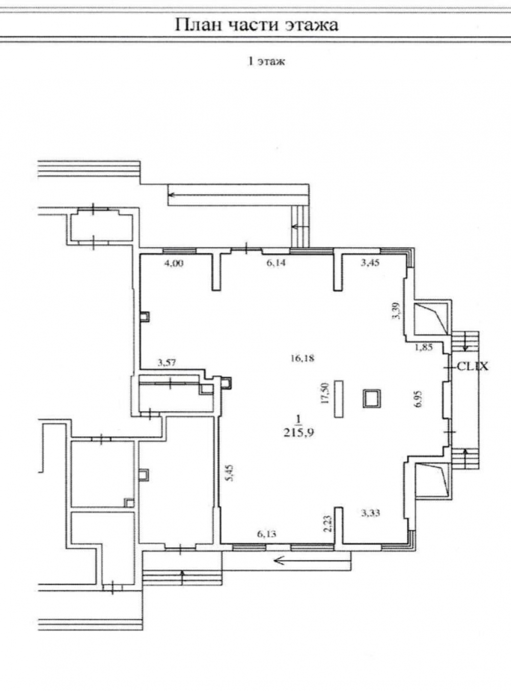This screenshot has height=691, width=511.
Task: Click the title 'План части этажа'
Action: [x=257, y=25]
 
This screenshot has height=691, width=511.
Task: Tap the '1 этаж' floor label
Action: [x=266, y=62]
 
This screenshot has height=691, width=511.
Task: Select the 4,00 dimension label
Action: [x=174, y=263]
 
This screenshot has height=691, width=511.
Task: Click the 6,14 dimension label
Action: [x=276, y=263]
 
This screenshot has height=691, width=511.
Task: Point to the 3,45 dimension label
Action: [x=370, y=263]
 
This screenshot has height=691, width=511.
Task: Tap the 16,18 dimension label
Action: [x=302, y=359]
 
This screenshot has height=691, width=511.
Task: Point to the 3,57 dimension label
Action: [x=168, y=362]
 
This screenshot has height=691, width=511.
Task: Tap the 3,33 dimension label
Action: [x=370, y=512]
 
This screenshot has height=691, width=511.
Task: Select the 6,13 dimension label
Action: [x=267, y=534]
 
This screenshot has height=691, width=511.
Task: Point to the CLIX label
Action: [x=473, y=367]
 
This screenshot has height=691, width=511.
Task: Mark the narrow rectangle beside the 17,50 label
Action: [x=339, y=399]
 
